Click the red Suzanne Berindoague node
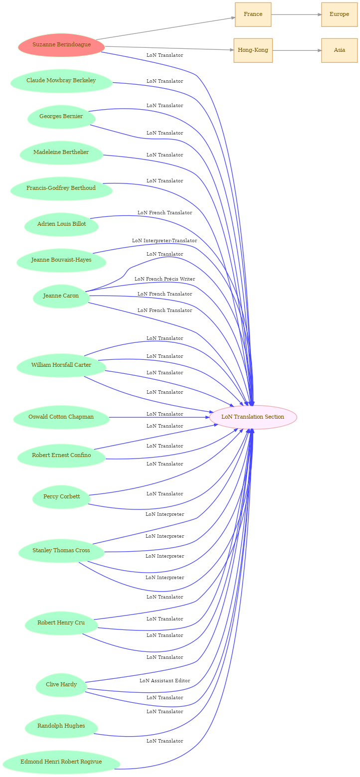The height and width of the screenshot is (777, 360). (61, 45)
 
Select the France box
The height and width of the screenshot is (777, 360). (253, 14)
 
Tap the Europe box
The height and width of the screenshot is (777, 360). (339, 14)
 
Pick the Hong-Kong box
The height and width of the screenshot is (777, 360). (253, 51)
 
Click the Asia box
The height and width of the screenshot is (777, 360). (339, 51)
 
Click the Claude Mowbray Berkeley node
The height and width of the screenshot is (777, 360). (61, 81)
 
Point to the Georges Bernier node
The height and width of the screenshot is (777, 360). (61, 117)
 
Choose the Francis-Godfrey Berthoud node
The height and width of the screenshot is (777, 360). (61, 189)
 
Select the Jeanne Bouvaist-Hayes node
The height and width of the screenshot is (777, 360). (61, 261)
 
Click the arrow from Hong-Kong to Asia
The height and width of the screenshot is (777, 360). (297, 51)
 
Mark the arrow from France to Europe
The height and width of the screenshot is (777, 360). (296, 14)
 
